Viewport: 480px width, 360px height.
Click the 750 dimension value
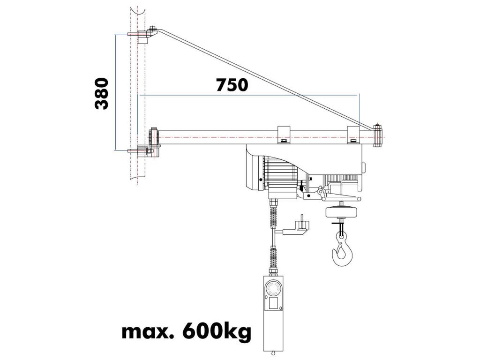pyautogui.click(x=232, y=85)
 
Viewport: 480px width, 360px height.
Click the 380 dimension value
pyautogui.click(x=102, y=94)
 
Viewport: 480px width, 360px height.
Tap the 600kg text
pyautogui.click(x=217, y=331)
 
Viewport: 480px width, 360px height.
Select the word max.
pyautogui.click(x=148, y=332)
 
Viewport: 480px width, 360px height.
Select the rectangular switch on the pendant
pyautogui.click(x=274, y=303)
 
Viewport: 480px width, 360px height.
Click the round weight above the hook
pyautogui.click(x=341, y=212)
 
